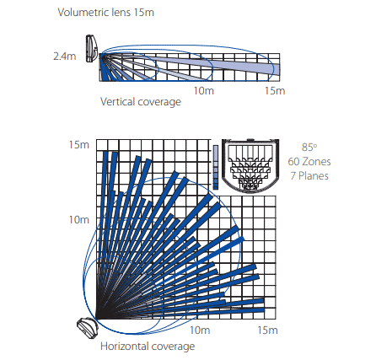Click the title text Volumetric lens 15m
[106, 13]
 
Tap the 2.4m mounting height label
[65, 56]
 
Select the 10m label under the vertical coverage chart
[204, 91]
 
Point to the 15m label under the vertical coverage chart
[275, 91]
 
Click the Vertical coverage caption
[141, 102]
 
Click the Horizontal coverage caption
[148, 347]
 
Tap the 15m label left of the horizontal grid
[79, 145]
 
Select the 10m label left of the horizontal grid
[79, 220]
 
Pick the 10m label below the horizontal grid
[200, 330]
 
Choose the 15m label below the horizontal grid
[267, 330]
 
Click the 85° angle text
[309, 147]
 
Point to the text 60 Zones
[309, 162]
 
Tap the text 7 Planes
[309, 176]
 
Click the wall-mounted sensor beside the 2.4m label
[92, 48]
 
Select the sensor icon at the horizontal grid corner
[88, 328]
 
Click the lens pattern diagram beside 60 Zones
[250, 166]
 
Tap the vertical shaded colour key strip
[216, 167]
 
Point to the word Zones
[316, 162]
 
